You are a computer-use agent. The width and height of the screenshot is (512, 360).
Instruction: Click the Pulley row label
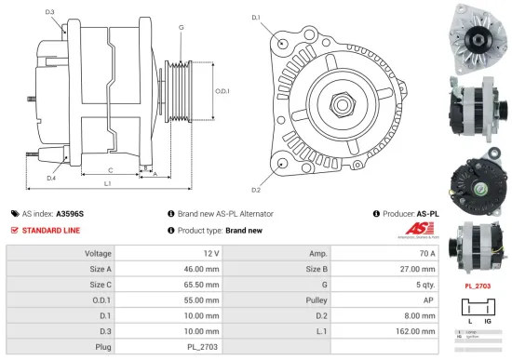317,300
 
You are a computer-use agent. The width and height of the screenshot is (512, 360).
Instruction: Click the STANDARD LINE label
50,230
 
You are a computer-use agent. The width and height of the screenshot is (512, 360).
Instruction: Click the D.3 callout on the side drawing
50,12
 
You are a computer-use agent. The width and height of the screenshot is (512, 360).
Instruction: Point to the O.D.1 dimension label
221,90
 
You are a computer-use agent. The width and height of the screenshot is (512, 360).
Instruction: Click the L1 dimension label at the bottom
107,184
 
